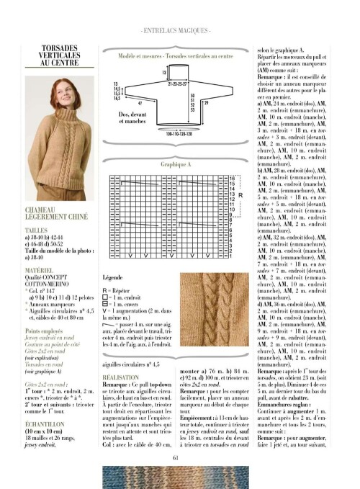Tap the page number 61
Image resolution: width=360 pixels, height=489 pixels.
coord(176,453)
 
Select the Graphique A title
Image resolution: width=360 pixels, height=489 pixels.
coord(175,164)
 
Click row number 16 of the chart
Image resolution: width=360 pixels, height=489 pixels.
coord(232,176)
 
